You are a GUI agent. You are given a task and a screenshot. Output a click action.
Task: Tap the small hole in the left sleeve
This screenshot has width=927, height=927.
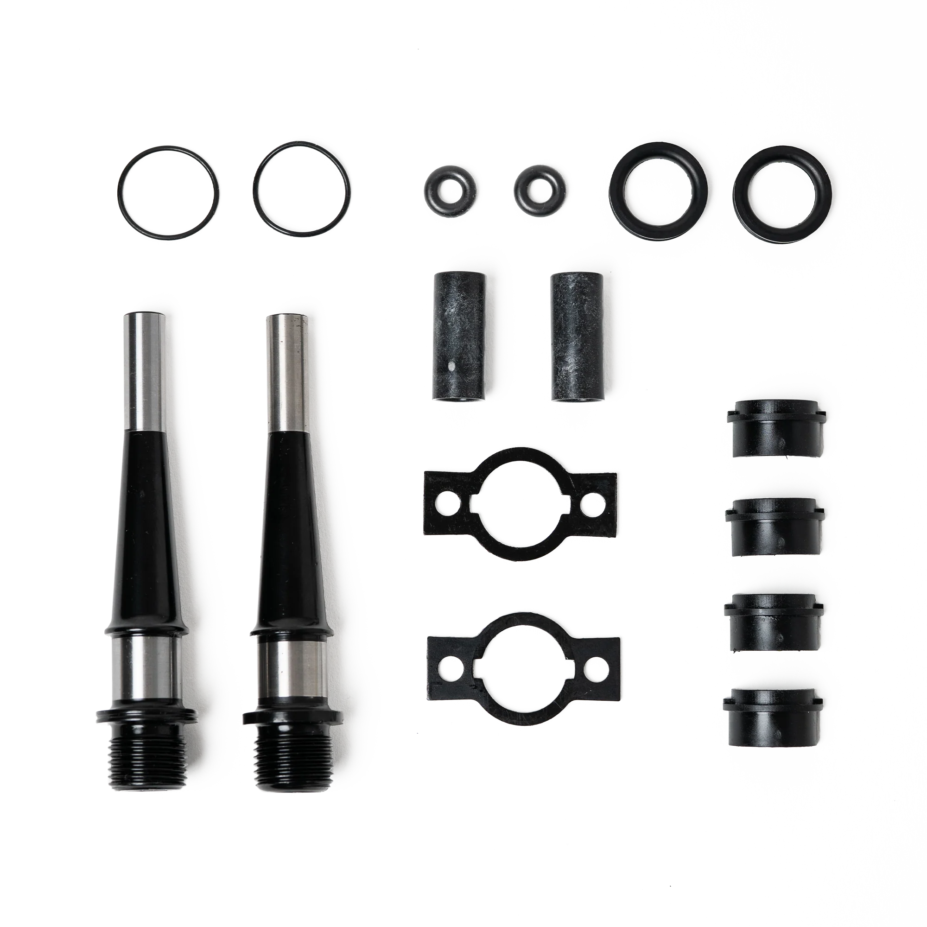pos(451,367)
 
